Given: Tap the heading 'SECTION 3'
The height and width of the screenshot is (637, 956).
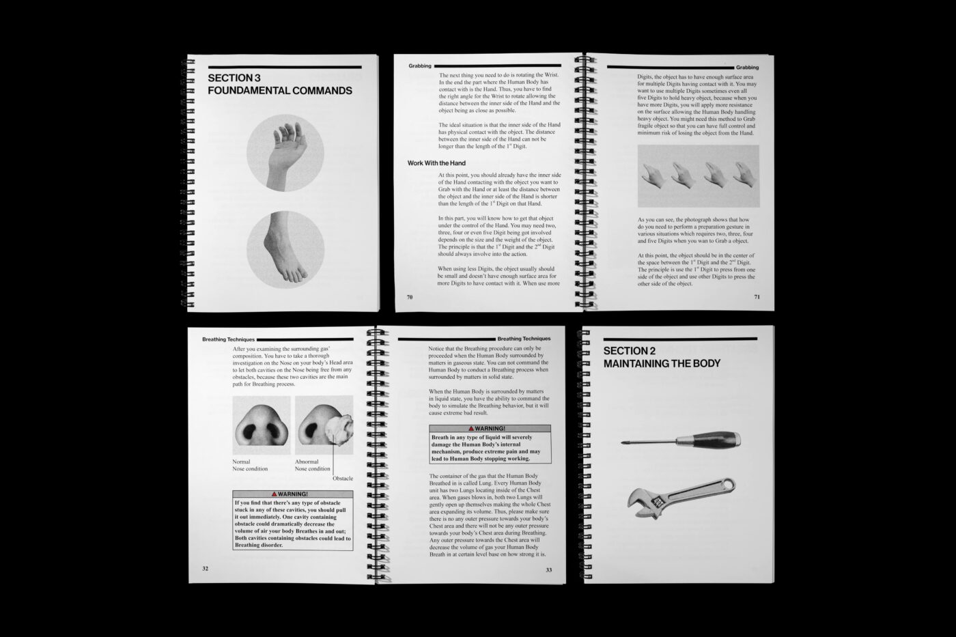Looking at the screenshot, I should (x=234, y=78).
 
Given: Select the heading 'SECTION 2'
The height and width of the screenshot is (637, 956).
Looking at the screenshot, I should (x=630, y=351).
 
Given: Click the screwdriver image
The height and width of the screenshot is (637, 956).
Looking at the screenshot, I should (x=681, y=440).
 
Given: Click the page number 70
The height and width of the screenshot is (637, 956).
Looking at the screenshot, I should (x=410, y=297).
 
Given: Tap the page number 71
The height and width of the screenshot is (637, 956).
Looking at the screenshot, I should (x=757, y=297).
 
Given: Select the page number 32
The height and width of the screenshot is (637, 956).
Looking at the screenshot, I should (x=206, y=568).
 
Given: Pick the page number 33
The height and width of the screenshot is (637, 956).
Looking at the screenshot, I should (x=548, y=569).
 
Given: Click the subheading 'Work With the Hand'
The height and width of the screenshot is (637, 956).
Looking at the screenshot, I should (x=436, y=163).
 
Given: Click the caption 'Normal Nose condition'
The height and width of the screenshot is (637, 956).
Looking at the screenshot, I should (x=250, y=465).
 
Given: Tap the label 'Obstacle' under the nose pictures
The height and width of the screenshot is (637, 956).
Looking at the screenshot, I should (x=343, y=478).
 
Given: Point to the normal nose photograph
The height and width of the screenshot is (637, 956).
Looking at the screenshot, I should (x=262, y=425).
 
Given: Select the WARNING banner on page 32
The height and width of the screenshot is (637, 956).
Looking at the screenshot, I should (x=292, y=494).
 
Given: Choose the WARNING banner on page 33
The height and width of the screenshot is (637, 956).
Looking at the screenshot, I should (x=490, y=429).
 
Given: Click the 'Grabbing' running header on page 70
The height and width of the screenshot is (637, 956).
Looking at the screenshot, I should (x=420, y=66).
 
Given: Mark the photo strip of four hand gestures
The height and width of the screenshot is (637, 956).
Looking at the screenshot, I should (x=698, y=175).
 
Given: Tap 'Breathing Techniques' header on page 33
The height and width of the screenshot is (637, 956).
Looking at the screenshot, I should (x=524, y=339).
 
